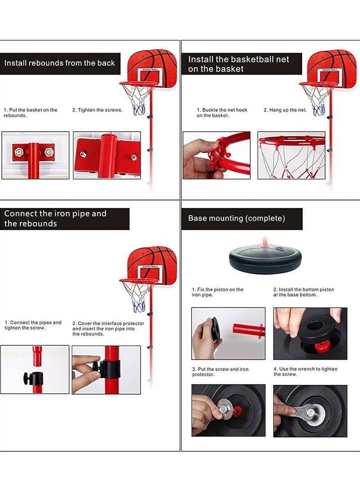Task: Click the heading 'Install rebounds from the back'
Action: (60, 63)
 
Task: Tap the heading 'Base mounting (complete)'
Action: (237, 218)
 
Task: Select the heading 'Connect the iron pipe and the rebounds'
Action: (55, 218)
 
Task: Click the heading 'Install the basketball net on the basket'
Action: (238, 64)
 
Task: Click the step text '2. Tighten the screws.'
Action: (97, 110)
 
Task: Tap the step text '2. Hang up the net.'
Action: (285, 110)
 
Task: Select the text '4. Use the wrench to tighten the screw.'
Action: (305, 372)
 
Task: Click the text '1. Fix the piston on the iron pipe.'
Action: (217, 292)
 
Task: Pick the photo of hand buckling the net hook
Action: (216, 155)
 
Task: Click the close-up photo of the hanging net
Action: (291, 155)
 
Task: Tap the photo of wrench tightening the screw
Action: (310, 410)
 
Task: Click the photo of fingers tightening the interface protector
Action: (106, 370)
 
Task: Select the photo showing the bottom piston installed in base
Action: (310, 334)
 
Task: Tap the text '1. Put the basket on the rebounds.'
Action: (31, 112)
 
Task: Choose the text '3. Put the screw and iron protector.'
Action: (220, 372)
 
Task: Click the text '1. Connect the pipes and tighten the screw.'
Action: (33, 325)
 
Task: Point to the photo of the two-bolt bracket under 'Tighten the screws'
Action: (107, 155)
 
